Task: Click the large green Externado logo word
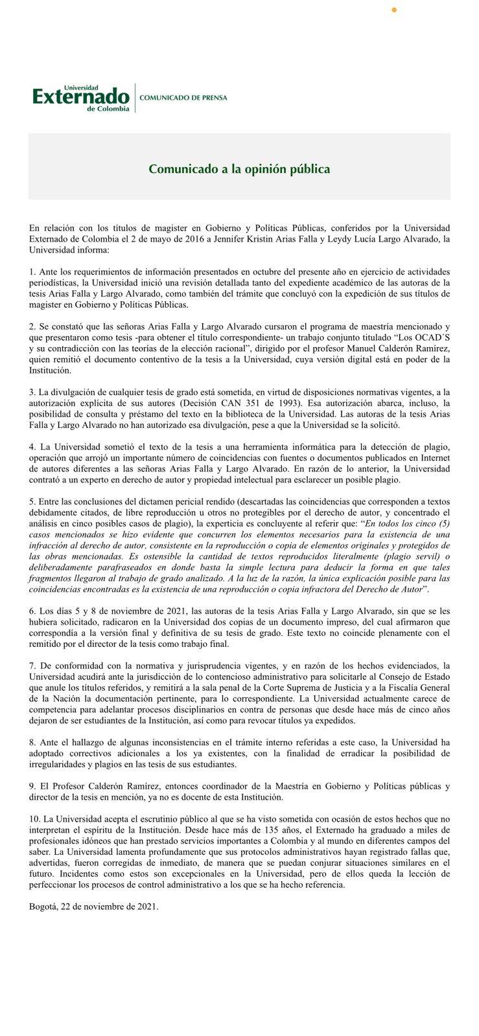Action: click(81, 97)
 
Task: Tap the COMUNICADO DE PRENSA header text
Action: click(183, 98)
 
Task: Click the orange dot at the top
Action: click(394, 10)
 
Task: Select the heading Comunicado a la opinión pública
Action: click(239, 169)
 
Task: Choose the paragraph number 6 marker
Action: click(32, 611)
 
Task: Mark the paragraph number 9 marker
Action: click(32, 786)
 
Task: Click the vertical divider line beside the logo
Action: click(135, 98)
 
